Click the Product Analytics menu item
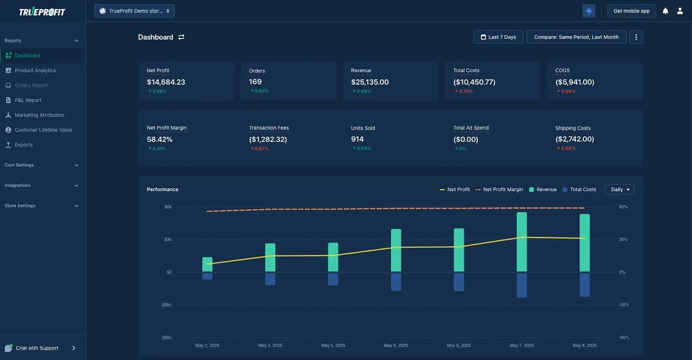point(35,71)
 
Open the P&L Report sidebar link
point(28,100)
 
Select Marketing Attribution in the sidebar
point(39,115)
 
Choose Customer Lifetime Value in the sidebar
point(43,130)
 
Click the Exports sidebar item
point(24,145)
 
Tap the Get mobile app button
point(631,11)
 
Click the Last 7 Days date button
point(498,37)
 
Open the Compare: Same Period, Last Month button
point(576,37)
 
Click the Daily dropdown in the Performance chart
point(619,189)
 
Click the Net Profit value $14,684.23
point(166,82)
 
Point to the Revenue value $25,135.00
point(370,82)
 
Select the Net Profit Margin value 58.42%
point(160,139)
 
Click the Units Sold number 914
point(357,139)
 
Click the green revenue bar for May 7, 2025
point(522,242)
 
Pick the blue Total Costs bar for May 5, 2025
point(396,281)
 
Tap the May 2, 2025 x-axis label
point(207,345)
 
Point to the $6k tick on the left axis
point(167,207)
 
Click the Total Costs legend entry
point(579,189)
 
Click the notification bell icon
point(666,11)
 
